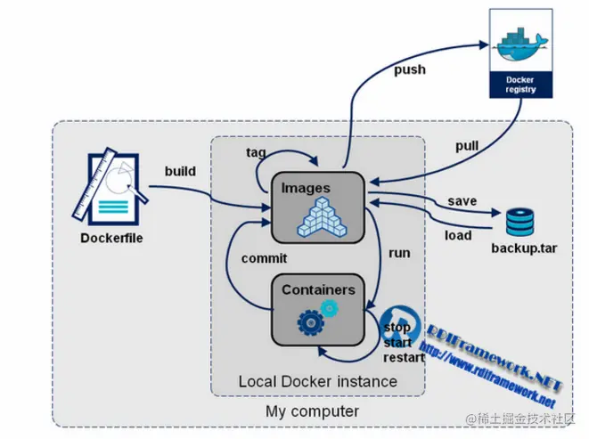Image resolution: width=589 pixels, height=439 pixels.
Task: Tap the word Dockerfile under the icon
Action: (x=110, y=238)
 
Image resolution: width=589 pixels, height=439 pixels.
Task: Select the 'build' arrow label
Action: (x=180, y=170)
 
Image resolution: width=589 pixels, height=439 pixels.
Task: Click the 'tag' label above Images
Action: (x=256, y=152)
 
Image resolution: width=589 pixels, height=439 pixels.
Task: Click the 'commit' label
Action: (x=264, y=258)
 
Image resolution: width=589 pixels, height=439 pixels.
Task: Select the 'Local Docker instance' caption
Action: (x=317, y=381)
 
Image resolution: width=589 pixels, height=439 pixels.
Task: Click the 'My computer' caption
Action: (x=312, y=411)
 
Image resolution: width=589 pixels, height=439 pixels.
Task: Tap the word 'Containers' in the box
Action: (x=318, y=289)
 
